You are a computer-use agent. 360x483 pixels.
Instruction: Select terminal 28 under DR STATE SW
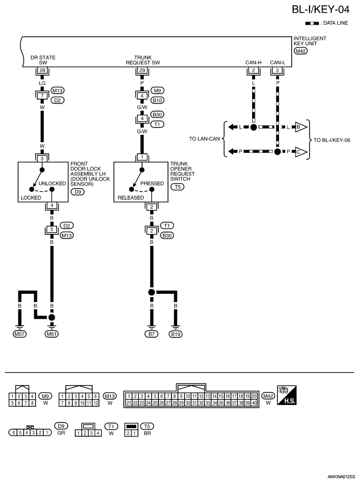(43, 70)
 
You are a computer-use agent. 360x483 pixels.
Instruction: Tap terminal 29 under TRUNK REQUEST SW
(142, 70)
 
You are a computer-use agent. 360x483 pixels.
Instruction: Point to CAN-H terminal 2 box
(253, 70)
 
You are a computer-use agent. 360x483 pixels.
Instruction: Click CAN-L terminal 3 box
(277, 70)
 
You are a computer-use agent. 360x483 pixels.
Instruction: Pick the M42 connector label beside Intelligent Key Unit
(301, 51)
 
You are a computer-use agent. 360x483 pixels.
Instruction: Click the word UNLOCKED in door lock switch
(52, 183)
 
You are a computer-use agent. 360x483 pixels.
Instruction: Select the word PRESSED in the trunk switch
(152, 183)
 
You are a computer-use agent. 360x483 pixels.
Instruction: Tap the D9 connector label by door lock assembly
(77, 192)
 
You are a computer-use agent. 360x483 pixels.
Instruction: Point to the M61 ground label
(52, 334)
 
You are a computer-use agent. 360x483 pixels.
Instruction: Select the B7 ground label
(152, 334)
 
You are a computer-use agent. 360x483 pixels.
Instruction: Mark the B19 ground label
(176, 334)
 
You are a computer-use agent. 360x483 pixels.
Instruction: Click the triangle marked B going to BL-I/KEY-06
(301, 127)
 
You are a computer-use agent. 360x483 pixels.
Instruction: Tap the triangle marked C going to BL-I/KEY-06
(301, 152)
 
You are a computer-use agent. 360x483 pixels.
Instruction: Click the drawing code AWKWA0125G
(341, 477)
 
